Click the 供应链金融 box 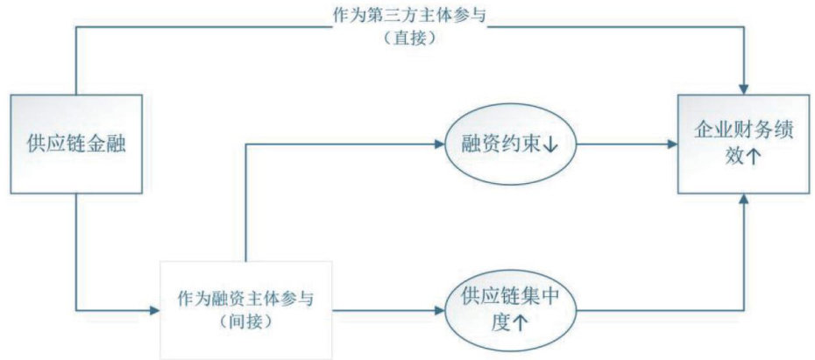pos(76,143)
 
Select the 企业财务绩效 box pos(743,143)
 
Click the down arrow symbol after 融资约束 pos(551,145)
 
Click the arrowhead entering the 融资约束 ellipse pos(439,143)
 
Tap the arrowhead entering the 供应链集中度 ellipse pos(439,309)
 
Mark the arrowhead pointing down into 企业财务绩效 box pos(743,87)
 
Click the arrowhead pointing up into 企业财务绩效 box pos(743,201)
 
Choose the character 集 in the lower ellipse pos(524,297)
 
